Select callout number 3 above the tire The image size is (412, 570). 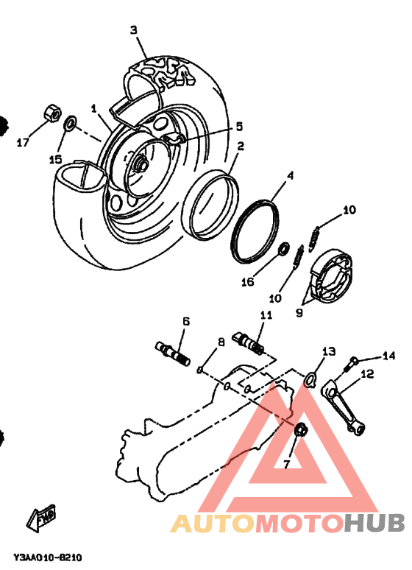pyautogui.click(x=134, y=30)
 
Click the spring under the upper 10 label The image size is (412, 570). pyautogui.click(x=314, y=235)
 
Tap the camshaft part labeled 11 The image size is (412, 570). pyautogui.click(x=250, y=341)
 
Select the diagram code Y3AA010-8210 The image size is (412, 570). pyautogui.click(x=46, y=558)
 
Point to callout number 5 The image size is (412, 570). pyautogui.click(x=239, y=126)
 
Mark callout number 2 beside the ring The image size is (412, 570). pyautogui.click(x=241, y=146)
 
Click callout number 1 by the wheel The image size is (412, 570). pyautogui.click(x=94, y=108)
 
